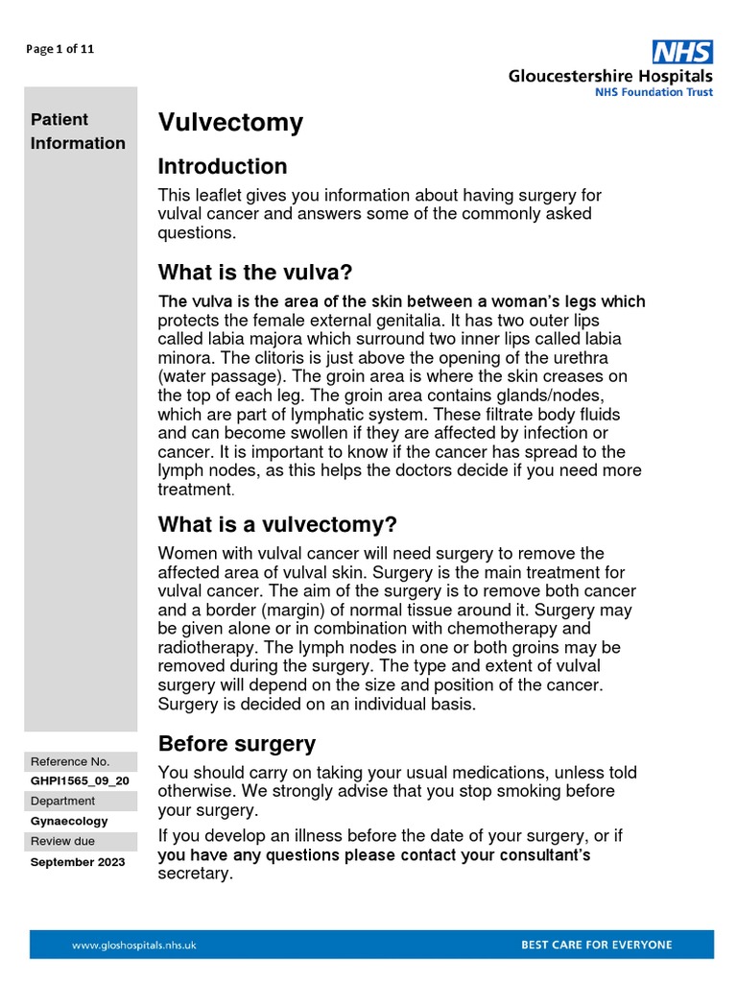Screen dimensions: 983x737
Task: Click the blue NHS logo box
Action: pos(682,52)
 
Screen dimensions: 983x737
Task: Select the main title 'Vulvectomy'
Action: pos(230,123)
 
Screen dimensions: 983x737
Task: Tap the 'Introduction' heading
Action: pos(223,166)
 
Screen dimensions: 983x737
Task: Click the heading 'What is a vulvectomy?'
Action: pos(277,525)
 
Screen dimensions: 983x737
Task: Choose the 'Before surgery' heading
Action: pos(236,744)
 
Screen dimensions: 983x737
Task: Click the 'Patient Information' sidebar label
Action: pos(78,132)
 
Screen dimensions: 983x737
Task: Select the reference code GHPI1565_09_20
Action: pos(80,780)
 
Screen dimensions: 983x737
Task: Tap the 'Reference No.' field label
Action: pos(70,760)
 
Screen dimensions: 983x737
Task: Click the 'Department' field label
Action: pos(63,801)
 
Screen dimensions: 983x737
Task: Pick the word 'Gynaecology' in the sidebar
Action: pos(69,821)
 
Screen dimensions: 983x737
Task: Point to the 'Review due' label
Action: pos(63,841)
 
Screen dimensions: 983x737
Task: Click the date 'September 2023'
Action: pos(78,862)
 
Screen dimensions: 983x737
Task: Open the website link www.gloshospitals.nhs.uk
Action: pos(134,945)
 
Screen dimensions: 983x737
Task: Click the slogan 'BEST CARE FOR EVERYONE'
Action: pos(596,945)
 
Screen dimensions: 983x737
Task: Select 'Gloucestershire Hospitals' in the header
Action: pos(610,76)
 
